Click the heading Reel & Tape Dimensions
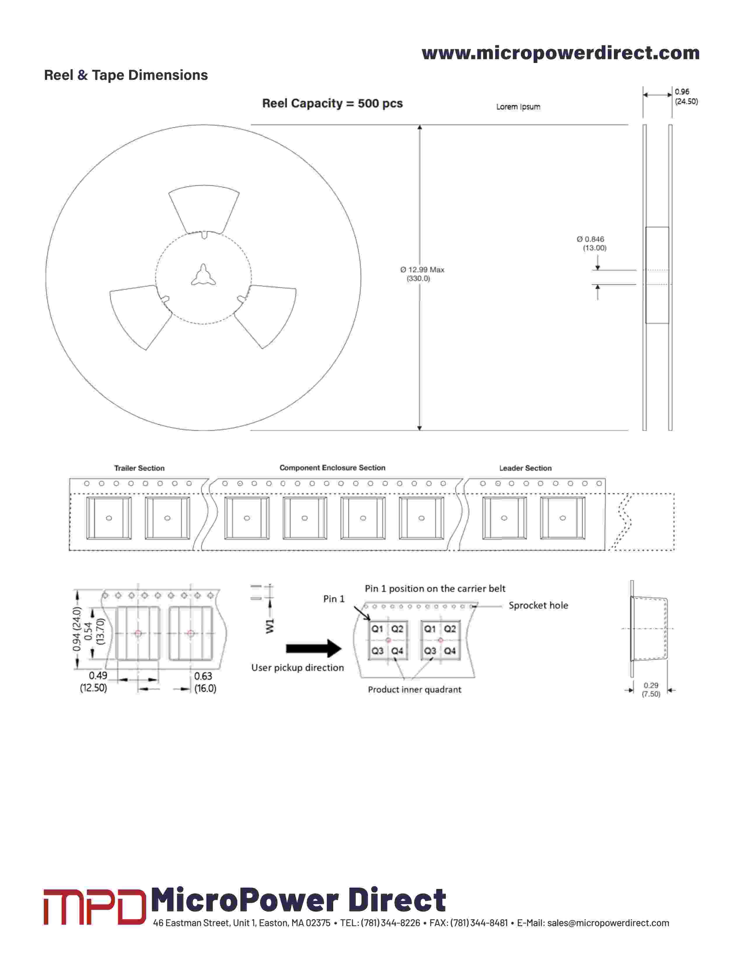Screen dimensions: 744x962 [x=126, y=75]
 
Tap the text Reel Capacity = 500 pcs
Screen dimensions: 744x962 [x=332, y=103]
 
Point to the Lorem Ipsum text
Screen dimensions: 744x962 [x=518, y=107]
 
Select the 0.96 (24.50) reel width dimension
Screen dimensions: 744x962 [x=686, y=96]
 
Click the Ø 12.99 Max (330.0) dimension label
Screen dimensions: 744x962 [x=422, y=274]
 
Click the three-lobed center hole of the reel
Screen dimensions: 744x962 [x=203, y=275]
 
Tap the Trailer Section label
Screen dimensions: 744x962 [x=139, y=468]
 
